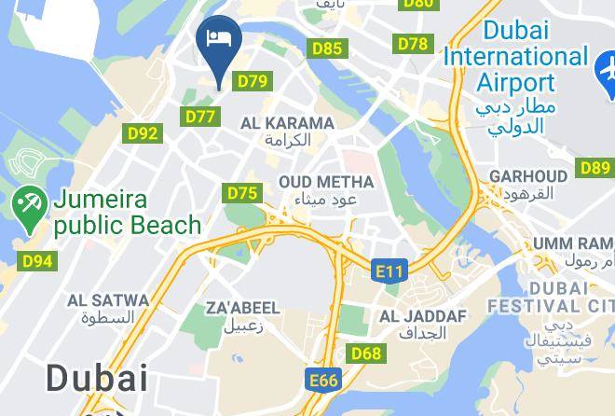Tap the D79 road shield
[253, 81]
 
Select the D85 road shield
[327, 49]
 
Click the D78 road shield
[413, 44]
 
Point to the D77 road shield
[200, 117]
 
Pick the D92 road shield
[142, 133]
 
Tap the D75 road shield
[242, 193]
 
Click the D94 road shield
[37, 260]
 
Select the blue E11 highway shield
[389, 271]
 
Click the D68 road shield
[367, 354]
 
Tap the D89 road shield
[594, 168]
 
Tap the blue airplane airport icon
[607, 67]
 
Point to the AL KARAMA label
[287, 123]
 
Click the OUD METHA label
[326, 182]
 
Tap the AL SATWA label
[108, 300]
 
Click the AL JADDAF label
[422, 316]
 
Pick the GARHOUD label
[528, 175]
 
